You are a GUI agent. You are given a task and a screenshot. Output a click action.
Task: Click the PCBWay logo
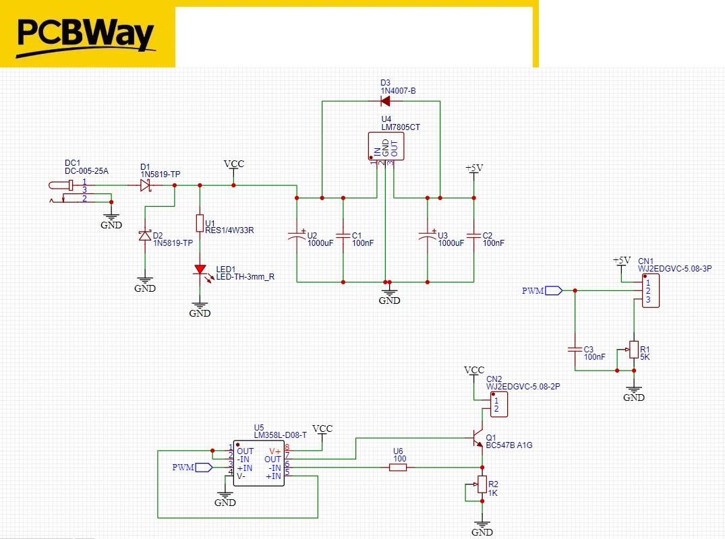[86, 35]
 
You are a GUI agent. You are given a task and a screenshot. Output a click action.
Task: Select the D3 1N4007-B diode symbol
[385, 101]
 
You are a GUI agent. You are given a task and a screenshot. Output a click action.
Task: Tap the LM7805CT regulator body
[386, 146]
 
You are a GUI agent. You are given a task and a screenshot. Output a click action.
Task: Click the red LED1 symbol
[200, 270]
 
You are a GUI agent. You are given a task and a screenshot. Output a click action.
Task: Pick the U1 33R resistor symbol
[200, 223]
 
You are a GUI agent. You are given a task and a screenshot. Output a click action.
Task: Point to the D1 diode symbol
[145, 185]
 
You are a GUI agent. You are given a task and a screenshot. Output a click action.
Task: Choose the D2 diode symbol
[145, 235]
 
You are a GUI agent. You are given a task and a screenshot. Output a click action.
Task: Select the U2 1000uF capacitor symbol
[297, 236]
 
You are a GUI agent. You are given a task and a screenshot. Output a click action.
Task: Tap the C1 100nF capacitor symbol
[343, 236]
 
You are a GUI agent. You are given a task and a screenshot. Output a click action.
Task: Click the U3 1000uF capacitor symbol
[428, 236]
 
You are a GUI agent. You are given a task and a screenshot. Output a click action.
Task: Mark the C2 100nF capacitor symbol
[473, 236]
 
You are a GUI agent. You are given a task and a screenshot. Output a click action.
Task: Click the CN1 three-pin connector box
[651, 290]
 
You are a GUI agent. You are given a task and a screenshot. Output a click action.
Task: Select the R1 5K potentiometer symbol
[633, 349]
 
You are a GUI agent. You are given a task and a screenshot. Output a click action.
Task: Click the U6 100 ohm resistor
[399, 467]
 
